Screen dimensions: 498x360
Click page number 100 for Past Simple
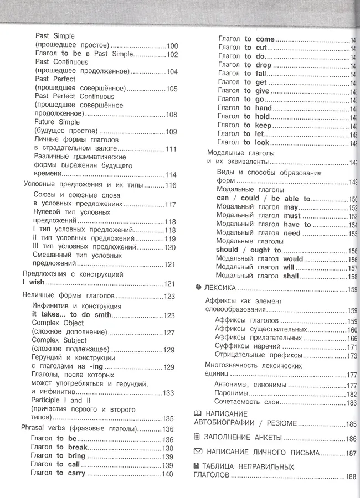[172, 46]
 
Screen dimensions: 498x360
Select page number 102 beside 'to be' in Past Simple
[172, 54]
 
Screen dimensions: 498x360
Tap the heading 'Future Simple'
[57, 122]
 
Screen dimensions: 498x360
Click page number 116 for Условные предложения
[171, 185]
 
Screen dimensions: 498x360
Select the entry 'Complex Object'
[58, 323]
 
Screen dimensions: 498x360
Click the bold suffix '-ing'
[96, 366]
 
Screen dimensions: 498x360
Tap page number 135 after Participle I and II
[168, 418]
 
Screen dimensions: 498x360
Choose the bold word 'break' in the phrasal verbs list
[78, 448]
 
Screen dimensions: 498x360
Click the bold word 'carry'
[76, 473]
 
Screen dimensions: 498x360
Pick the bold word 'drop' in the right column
[264, 65]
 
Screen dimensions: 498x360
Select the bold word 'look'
[262, 143]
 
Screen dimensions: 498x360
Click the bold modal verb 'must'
[292, 216]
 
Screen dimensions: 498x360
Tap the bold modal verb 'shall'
[291, 276]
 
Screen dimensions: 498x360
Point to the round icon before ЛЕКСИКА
[199, 288]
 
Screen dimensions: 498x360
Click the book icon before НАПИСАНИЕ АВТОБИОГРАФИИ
[197, 414]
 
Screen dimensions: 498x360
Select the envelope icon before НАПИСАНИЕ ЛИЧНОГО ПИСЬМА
[197, 452]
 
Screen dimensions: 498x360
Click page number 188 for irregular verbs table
[351, 476]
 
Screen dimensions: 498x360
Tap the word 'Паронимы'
[232, 395]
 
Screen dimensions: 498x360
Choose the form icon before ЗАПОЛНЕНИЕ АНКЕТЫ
[197, 438]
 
